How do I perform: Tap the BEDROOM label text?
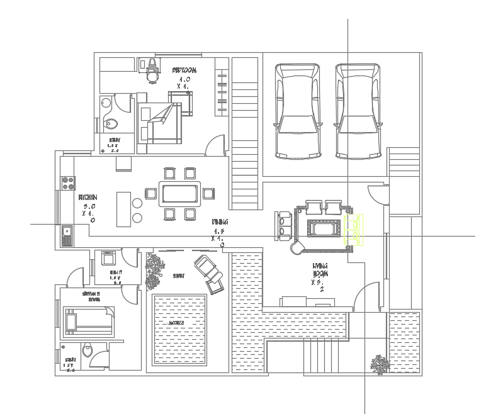(184, 70)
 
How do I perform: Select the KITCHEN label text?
(87, 198)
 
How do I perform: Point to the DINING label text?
(220, 222)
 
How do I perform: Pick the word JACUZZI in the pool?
(176, 323)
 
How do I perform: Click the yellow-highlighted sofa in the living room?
(353, 229)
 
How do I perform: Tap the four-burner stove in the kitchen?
(67, 183)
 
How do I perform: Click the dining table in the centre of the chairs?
(180, 194)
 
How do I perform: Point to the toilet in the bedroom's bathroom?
(112, 124)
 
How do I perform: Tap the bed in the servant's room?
(88, 319)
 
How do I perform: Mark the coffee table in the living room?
(324, 228)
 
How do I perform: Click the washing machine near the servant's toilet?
(108, 258)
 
